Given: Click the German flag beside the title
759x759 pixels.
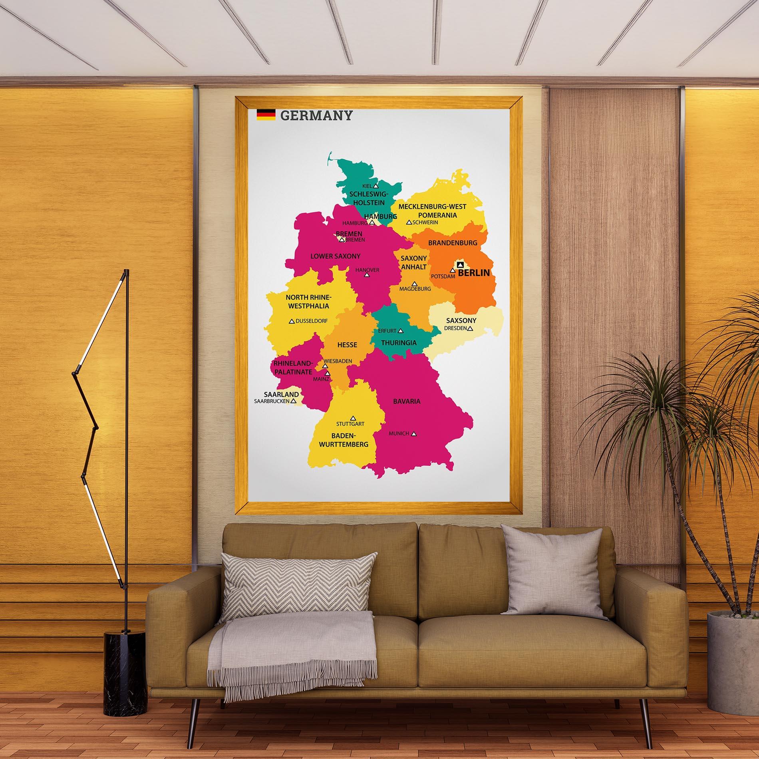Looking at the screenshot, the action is [266, 115].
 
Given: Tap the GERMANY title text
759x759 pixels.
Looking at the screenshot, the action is [316, 116].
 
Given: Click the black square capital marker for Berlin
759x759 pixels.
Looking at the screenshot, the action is [460, 264].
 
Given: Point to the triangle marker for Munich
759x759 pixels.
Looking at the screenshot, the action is [414, 433].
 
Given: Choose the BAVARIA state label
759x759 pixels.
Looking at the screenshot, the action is [407, 401].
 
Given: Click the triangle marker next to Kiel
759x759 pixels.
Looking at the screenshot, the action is [376, 186].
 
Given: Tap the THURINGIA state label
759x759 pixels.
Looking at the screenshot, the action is [399, 343].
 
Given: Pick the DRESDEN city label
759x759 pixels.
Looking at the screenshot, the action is [455, 328].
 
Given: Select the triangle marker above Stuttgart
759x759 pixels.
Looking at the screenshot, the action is [353, 417].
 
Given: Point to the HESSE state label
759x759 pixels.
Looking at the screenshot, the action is [347, 345].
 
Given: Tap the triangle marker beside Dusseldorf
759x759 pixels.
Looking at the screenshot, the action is [292, 321].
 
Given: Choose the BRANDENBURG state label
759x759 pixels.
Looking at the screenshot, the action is [453, 242].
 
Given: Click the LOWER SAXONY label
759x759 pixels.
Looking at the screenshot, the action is [336, 256].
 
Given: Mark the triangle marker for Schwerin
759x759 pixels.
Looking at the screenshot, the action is [409, 222].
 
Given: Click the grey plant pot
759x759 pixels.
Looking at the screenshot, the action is [733, 659].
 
